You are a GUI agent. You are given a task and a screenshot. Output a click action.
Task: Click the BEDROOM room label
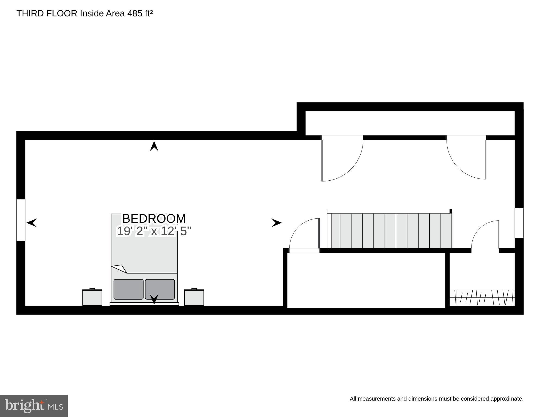[x=154, y=219]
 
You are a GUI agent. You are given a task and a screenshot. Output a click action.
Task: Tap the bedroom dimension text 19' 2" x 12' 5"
[x=154, y=231]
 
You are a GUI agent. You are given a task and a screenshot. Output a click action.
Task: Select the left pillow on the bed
[x=129, y=289]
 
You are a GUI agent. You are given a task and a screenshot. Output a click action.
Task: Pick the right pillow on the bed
[x=160, y=289]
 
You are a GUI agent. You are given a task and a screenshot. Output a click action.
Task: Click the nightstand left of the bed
[x=92, y=297]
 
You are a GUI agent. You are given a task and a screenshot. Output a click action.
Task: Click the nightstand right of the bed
[x=194, y=297]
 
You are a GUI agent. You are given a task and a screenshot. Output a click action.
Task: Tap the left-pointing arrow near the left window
[x=32, y=223]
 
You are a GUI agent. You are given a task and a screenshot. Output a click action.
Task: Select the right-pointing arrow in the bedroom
[x=276, y=223]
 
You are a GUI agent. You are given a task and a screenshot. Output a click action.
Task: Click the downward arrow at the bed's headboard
[x=154, y=299]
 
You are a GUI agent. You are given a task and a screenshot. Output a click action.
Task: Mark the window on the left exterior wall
[x=21, y=220]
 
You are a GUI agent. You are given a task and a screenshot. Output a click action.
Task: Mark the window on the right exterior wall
[x=519, y=223]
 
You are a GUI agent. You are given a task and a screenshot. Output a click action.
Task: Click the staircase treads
[x=390, y=231]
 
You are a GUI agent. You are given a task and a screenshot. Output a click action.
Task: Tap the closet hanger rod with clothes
[x=482, y=298]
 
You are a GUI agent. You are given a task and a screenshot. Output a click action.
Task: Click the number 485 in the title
[x=135, y=13]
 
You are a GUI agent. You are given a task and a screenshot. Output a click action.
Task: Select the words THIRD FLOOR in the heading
[x=47, y=13]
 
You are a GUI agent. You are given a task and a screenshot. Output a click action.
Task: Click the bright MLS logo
[x=34, y=406]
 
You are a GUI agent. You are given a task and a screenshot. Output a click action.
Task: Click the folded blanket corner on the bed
[x=119, y=268]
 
